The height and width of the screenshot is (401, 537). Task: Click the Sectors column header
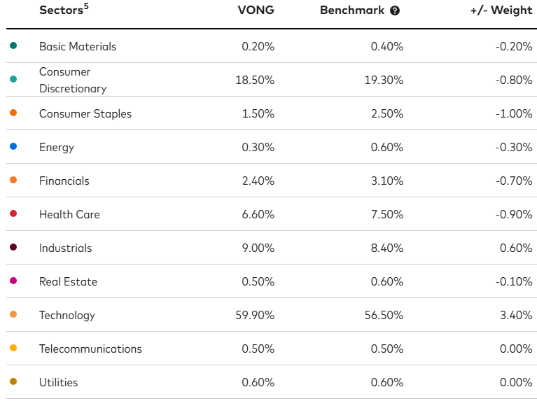[60, 10]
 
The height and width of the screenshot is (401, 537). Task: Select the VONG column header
[256, 10]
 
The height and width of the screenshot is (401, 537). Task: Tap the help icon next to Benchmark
[395, 11]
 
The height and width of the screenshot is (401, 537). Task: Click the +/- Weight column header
[502, 10]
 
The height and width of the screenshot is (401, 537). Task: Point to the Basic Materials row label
[78, 46]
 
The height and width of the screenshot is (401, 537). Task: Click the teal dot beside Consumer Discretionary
[13, 79]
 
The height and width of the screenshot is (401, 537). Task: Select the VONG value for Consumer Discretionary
[255, 80]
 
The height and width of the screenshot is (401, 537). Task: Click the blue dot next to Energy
[13, 146]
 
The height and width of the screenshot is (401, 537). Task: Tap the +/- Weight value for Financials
[513, 181]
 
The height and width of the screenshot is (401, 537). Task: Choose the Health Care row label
[69, 214]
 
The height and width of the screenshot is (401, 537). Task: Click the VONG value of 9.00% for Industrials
[258, 248]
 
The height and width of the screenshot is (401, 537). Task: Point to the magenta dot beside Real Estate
[13, 281]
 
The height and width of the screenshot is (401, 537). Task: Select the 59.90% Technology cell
[255, 315]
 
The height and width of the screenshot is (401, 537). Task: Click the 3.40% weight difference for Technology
[517, 315]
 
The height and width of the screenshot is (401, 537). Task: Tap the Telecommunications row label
[90, 349]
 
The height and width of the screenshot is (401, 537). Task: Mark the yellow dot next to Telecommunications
[13, 348]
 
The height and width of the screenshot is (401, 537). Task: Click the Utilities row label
[59, 382]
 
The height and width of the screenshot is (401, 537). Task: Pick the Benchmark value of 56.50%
[384, 315]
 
